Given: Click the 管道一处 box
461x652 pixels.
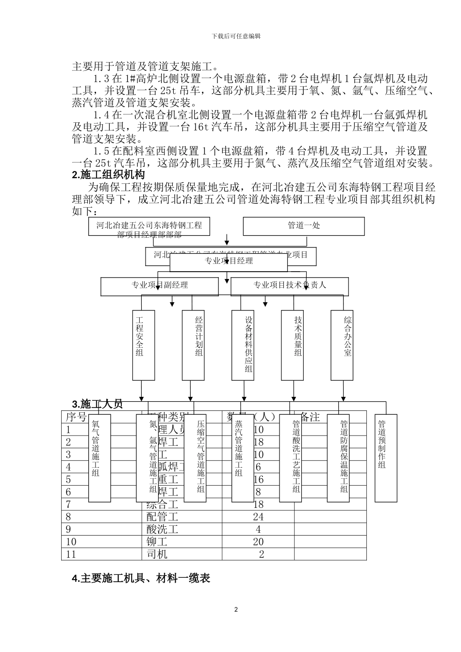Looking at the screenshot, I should (303, 226).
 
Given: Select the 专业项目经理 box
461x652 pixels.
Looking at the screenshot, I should (229, 261).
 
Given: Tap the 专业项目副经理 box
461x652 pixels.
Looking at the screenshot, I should (160, 286).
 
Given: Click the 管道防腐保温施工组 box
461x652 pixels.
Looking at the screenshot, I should (344, 458).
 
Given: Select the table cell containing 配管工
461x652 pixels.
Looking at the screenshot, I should (163, 517).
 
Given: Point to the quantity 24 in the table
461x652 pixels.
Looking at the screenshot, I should (258, 517).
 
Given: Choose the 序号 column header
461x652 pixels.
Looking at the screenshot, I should (76, 417).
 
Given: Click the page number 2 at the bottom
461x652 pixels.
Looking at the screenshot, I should (236, 610).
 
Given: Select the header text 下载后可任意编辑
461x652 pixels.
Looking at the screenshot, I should (236, 36).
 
